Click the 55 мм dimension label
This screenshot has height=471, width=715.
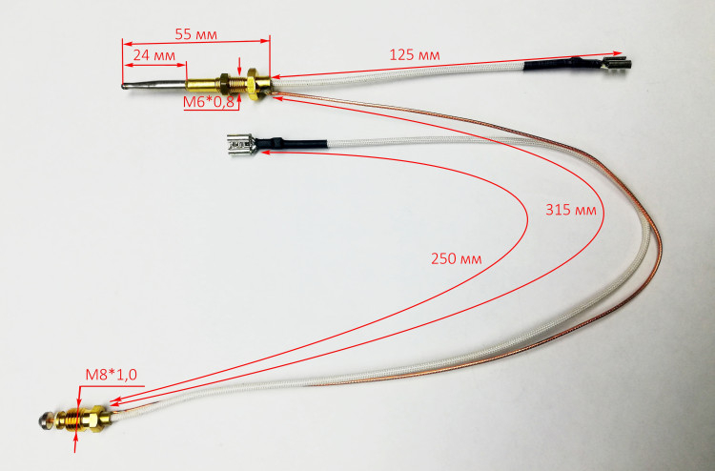(196, 34)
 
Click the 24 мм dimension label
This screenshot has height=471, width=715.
(154, 55)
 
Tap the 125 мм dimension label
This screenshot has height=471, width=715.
(415, 55)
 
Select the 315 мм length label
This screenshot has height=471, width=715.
(571, 210)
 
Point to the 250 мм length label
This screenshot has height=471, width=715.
(456, 258)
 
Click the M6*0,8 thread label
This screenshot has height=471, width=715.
(209, 102)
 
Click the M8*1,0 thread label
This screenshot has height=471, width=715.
(112, 375)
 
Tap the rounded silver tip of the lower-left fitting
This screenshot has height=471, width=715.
(46, 420)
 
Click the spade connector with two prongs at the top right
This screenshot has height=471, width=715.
(617, 63)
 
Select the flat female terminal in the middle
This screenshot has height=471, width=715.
(241, 144)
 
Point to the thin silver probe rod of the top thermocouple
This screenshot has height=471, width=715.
(154, 84)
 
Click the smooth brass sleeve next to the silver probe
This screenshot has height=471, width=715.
(203, 84)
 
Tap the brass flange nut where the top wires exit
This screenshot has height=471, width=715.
(258, 84)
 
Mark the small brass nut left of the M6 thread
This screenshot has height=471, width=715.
(225, 83)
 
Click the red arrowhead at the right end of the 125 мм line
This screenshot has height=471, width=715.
(617, 53)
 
